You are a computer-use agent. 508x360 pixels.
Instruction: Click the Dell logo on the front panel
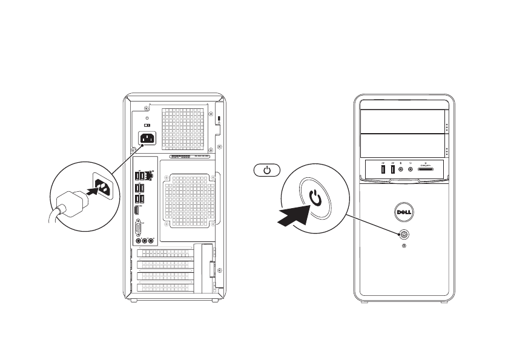404,213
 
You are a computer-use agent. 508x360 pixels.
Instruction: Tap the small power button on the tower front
404,234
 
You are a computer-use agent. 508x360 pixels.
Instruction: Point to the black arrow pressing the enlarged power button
292,215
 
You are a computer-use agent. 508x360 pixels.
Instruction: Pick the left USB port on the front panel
384,169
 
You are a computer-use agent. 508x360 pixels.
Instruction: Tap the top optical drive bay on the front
403,121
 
